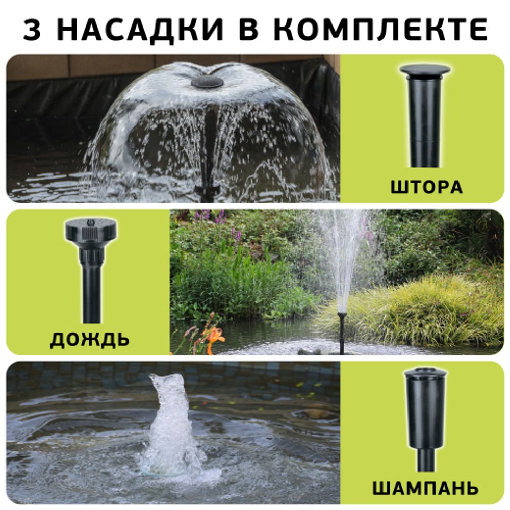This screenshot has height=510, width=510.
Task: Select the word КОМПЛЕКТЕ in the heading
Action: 380,30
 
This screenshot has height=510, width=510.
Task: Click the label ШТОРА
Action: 426,187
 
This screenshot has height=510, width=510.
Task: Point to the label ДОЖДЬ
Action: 89,339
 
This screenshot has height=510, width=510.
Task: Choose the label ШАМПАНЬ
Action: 425,488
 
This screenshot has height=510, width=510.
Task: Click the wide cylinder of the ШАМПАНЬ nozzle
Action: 425,403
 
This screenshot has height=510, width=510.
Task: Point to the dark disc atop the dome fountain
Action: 207,82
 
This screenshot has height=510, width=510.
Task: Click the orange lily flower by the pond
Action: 215,337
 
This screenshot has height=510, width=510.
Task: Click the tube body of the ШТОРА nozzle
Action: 424,122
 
